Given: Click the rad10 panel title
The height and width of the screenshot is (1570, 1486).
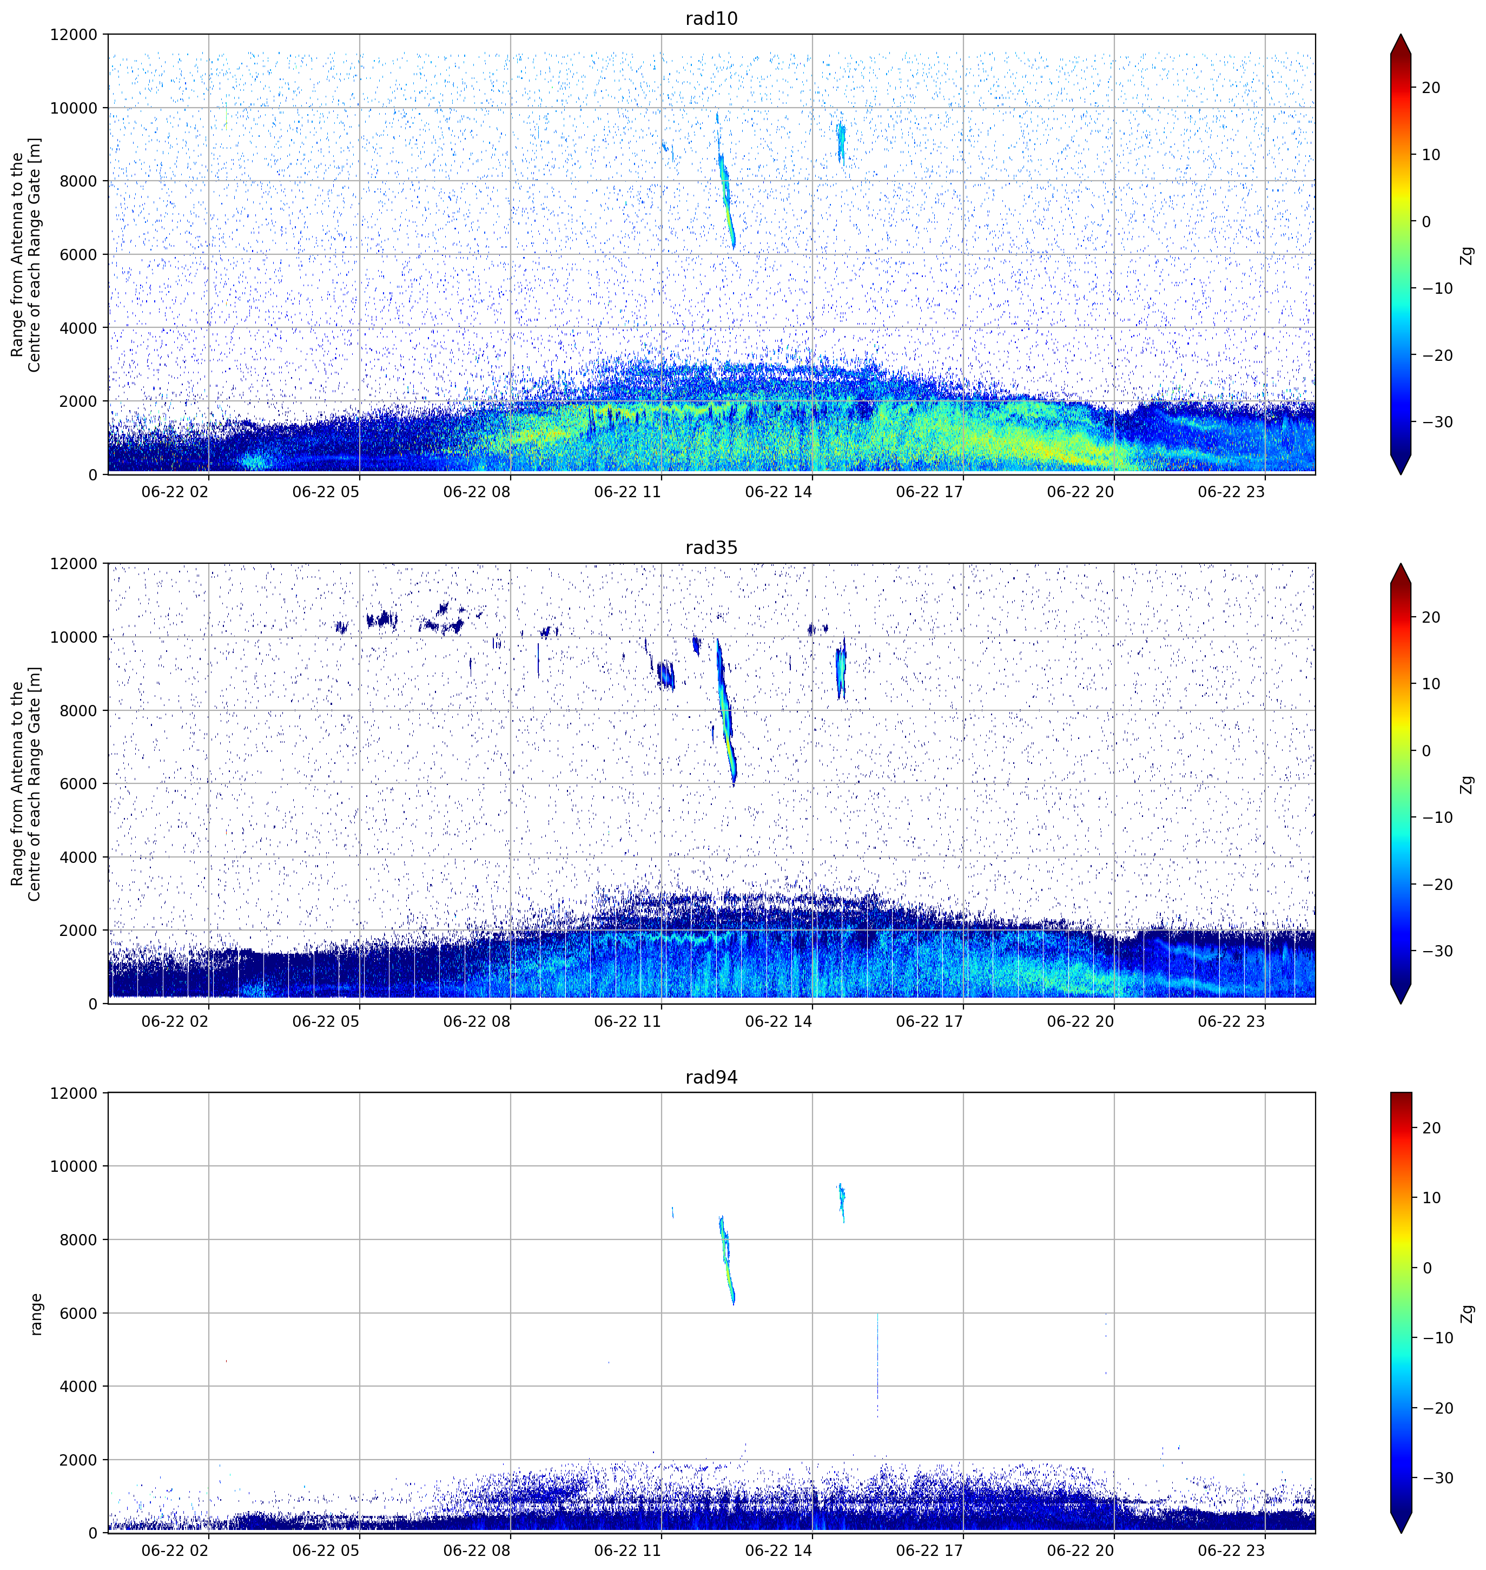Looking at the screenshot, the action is click(711, 18).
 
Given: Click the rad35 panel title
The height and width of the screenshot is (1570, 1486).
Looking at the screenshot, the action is click(711, 547).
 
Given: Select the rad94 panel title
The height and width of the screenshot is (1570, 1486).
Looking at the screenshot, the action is click(711, 1077).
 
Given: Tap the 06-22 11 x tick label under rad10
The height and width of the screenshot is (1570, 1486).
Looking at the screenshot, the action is click(628, 491).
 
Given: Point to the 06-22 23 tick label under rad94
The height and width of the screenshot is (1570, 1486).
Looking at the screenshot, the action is click(1232, 1550).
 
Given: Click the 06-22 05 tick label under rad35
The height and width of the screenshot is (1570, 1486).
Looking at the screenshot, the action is click(326, 1021).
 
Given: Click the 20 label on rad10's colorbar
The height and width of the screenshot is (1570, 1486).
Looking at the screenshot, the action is click(1430, 88).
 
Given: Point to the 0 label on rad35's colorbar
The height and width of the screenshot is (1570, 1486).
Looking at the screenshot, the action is click(1426, 751).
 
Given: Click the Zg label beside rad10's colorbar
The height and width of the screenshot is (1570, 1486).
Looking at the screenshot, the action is click(1468, 255).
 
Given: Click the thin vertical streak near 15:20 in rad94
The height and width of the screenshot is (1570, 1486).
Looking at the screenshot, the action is click(877, 1365).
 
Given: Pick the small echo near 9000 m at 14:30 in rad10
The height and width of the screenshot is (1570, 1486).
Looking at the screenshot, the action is click(841, 143).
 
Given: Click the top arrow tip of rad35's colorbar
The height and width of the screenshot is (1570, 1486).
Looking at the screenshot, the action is click(1401, 564).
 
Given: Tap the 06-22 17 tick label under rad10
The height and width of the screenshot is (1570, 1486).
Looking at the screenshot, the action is click(929, 491).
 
